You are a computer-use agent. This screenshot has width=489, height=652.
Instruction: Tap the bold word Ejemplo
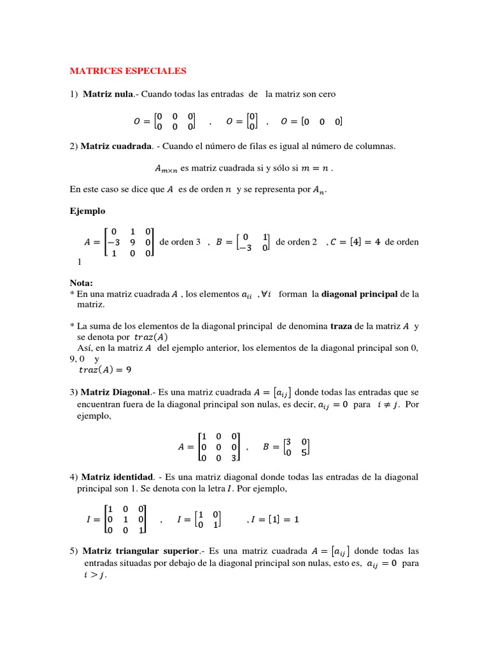(x=87, y=211)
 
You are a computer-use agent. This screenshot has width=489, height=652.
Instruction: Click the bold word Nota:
(x=81, y=283)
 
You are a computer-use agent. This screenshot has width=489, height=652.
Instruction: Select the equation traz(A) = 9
(x=104, y=369)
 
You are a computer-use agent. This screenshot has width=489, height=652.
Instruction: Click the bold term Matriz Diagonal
(x=118, y=392)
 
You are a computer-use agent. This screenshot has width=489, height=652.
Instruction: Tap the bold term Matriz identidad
(x=118, y=476)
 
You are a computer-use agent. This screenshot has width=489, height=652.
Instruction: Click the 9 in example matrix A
(x=132, y=242)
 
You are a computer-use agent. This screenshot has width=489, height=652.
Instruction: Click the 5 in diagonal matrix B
(x=304, y=453)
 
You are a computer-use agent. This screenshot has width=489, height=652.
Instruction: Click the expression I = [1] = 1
(x=274, y=519)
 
